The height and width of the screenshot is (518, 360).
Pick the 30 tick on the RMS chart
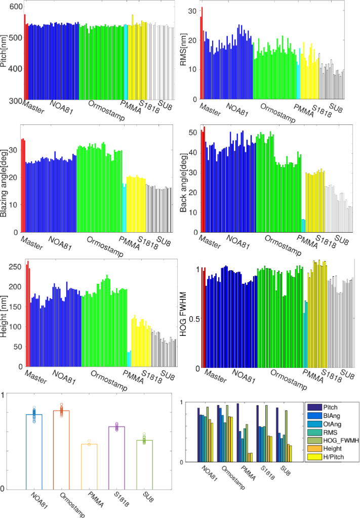click(x=193, y=11)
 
